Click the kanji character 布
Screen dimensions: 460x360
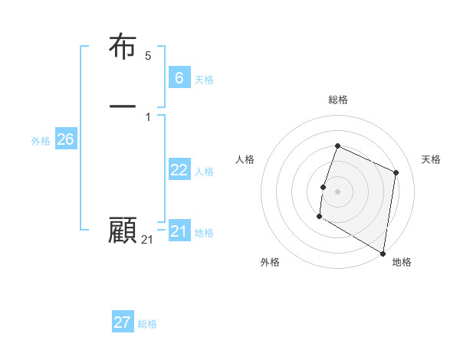[123, 47]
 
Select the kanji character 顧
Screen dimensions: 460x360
[123, 231]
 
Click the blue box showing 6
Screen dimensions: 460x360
[179, 77]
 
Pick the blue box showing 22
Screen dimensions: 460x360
[179, 170]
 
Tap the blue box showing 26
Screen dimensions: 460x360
[65, 139]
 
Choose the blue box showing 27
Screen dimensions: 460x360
[122, 322]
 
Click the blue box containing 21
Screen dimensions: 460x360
[179, 231]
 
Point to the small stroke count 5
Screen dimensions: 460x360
[148, 56]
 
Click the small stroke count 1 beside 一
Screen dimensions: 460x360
[148, 116]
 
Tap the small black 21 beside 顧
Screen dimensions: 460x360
[147, 241]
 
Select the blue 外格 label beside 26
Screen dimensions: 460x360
[41, 141]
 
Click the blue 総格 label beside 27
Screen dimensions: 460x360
[147, 324]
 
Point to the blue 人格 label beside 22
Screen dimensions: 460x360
[204, 172]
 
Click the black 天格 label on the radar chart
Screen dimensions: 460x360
[431, 159]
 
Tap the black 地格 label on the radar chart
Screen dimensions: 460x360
[402, 262]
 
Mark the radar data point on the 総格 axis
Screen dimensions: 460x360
[337, 146]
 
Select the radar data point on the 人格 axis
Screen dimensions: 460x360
[324, 187]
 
